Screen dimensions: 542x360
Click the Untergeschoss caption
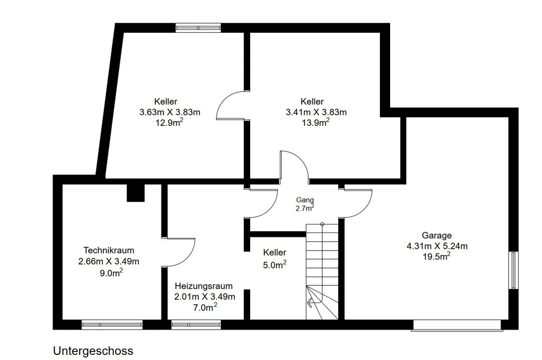[x=93, y=351]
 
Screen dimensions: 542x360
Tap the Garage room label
[x=436, y=235]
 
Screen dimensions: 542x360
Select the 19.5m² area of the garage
[x=436, y=256]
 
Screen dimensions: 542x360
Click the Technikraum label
[x=108, y=250]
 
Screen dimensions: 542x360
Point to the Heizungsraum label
[x=204, y=286]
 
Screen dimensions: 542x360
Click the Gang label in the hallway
[x=305, y=200]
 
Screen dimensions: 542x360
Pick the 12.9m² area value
[x=169, y=122]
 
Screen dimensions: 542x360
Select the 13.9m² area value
[x=316, y=122]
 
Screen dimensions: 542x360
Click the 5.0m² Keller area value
[x=274, y=265]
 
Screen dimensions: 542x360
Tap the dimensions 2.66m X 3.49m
[x=108, y=261]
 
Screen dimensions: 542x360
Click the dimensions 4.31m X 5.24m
[x=437, y=246]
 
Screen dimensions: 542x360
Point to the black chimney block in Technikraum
[x=135, y=193]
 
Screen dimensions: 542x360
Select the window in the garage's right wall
[x=514, y=270]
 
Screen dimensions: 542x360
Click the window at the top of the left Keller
[x=198, y=28]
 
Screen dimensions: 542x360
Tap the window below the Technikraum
[x=112, y=325]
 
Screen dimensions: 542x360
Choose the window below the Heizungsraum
[x=196, y=325]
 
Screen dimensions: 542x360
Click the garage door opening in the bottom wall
[x=457, y=326]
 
